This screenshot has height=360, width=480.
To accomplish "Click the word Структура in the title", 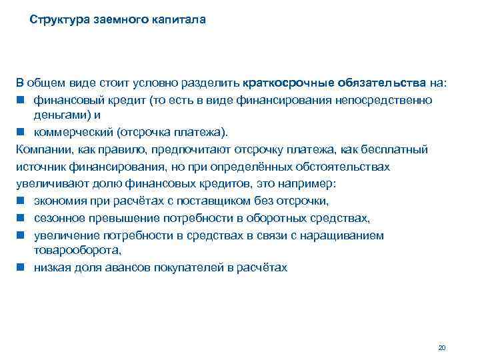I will [x=57, y=20].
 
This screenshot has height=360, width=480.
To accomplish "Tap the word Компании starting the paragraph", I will [x=42, y=148].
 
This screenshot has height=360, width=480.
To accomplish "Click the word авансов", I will [x=126, y=267].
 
